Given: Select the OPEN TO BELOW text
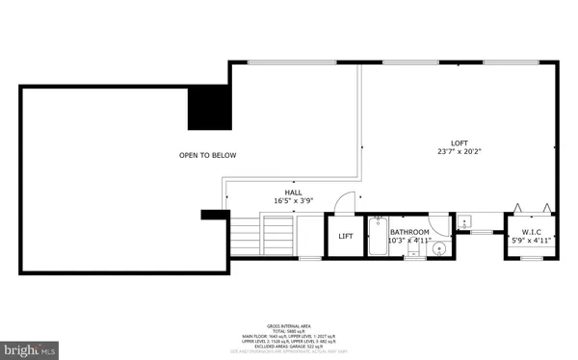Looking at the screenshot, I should tap(207, 155).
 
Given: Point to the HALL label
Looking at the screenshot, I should tap(293, 192).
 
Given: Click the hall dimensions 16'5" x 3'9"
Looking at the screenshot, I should tap(293, 201).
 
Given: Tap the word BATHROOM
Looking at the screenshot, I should tap(409, 232).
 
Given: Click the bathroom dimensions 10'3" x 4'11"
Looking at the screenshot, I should tap(410, 241).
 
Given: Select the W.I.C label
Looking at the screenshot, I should tap(533, 231).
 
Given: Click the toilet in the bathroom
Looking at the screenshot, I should tap(413, 252).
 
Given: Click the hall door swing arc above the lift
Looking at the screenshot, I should tap(344, 202).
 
